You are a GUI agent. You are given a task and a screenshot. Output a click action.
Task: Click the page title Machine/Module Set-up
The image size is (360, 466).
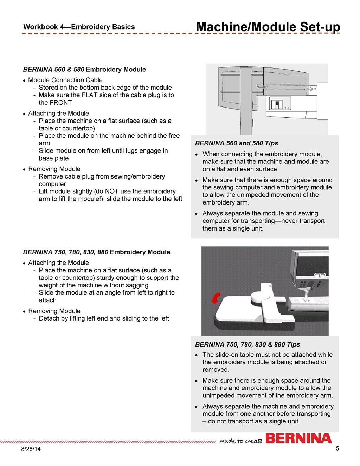[268, 27]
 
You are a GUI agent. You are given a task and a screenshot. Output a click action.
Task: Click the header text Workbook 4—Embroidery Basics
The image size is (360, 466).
[79, 27]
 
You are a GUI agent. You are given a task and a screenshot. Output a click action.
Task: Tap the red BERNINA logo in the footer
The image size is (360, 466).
[298, 438]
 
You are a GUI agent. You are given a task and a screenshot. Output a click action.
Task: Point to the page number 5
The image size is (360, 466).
[337, 448]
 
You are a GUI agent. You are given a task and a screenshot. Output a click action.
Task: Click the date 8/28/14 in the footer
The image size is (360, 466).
[31, 449]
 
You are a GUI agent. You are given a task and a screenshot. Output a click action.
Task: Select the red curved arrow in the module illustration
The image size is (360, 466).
[216, 298]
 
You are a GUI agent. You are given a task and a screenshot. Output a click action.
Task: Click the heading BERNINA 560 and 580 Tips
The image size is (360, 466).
[236, 143]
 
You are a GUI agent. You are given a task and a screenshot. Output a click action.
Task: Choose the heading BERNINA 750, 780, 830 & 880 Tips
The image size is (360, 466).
[247, 344]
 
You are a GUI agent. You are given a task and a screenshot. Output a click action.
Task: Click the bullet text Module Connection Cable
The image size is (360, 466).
[65, 80]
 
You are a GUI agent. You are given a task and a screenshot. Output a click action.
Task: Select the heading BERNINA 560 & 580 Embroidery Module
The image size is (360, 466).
[84, 70]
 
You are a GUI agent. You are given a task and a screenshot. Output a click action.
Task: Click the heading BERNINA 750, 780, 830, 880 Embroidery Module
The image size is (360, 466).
[96, 252]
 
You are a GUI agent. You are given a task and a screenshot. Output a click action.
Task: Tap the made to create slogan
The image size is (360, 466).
[240, 441]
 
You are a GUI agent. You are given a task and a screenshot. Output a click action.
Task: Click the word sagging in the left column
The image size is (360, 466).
[135, 285]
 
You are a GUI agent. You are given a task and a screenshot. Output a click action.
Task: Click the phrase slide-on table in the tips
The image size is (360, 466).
[240, 355]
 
